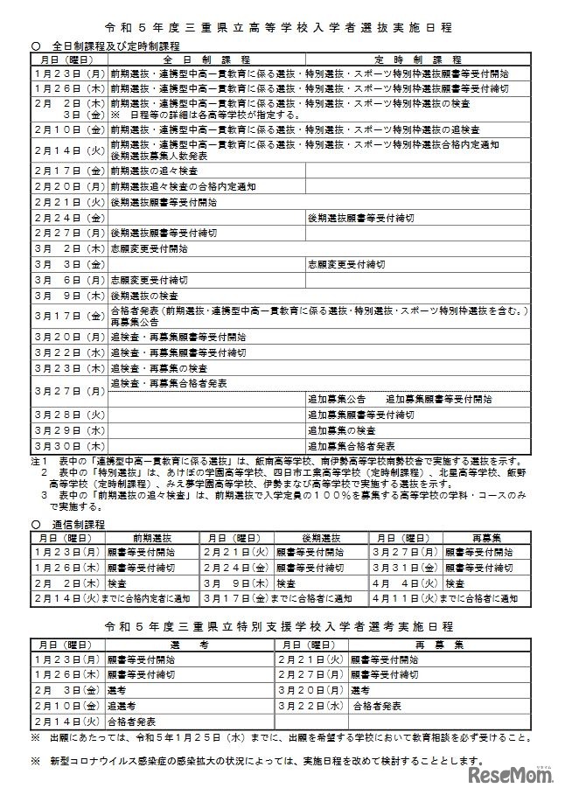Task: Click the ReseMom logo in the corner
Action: click(x=513, y=775)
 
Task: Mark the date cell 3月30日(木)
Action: click(x=68, y=445)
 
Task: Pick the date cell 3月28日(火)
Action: click(x=68, y=414)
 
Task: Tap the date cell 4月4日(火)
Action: click(x=405, y=582)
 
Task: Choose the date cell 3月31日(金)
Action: click(x=405, y=567)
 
